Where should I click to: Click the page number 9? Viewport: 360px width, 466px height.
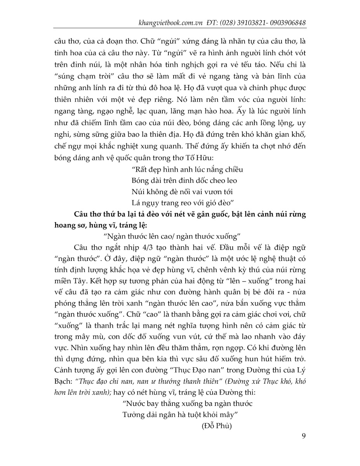[303, 435]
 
